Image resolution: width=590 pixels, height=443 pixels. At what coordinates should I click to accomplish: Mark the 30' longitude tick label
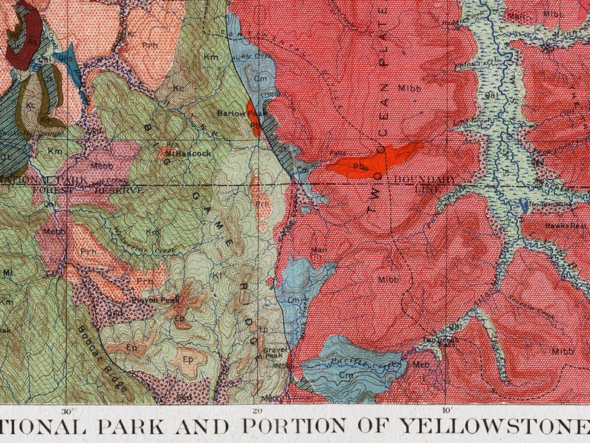point(68,410)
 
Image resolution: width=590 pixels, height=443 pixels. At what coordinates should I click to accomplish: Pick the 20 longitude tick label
point(257,410)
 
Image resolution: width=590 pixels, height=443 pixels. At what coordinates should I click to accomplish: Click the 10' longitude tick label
point(446,410)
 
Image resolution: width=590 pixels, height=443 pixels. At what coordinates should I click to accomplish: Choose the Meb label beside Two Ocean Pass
point(421,364)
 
